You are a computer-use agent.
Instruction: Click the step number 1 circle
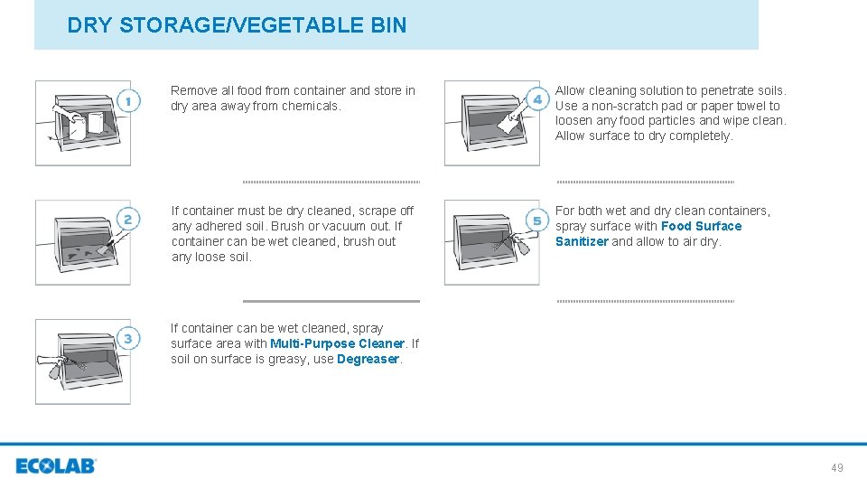(x=128, y=101)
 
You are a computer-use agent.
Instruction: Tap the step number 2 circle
(x=128, y=220)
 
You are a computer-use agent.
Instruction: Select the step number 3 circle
(x=128, y=339)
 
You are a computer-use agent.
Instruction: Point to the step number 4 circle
(x=537, y=99)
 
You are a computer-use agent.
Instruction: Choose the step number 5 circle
(x=537, y=221)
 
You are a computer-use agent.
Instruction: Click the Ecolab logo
(x=56, y=466)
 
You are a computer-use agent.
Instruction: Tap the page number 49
(x=837, y=467)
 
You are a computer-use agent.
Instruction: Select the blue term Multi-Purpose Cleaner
(x=337, y=344)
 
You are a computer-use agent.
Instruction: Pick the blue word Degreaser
(x=368, y=360)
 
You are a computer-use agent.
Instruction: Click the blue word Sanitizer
(x=582, y=242)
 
